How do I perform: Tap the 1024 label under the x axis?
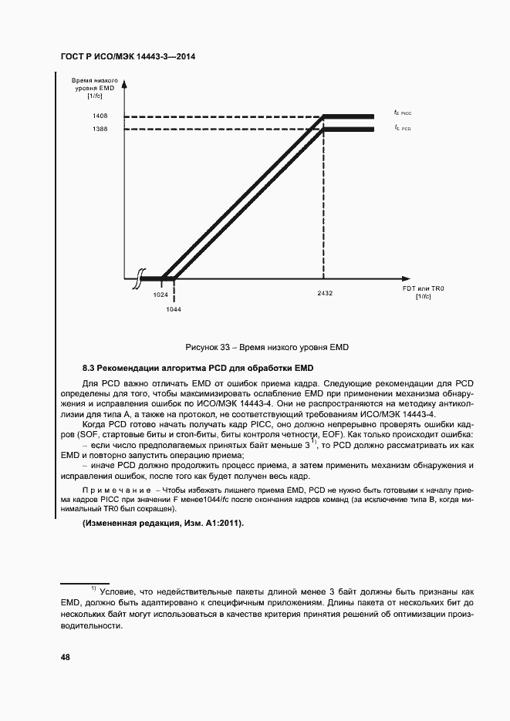pos(160,295)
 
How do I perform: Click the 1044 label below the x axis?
pos(174,308)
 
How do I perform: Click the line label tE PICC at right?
pos(402,113)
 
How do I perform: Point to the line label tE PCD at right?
pos(402,127)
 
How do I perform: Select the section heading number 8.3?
pos(89,366)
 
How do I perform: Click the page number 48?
pos(66,657)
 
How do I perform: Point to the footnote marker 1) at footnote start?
pos(94,588)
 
